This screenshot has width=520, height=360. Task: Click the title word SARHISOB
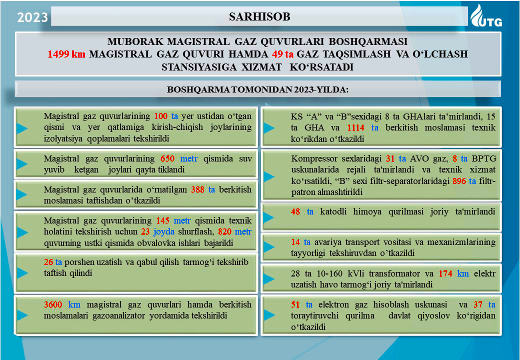point(259,17)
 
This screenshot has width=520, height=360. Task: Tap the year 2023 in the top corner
point(32,18)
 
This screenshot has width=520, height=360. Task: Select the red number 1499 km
point(66,54)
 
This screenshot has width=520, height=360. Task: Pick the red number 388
point(197,190)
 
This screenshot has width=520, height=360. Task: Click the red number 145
point(163,220)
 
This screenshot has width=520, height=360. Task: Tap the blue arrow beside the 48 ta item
point(269,217)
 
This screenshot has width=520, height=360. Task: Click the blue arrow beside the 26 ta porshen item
point(21,272)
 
